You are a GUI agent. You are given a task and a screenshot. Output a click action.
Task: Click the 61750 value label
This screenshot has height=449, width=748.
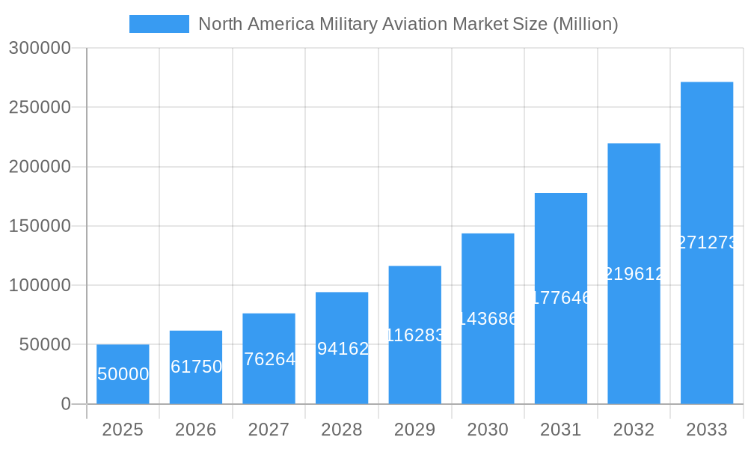tap(196, 367)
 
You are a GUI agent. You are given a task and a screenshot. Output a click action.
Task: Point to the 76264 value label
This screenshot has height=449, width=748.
tap(269, 359)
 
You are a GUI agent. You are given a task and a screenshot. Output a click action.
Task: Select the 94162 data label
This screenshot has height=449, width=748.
tap(342, 349)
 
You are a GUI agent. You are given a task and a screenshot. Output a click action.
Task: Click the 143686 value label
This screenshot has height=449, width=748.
tap(488, 319)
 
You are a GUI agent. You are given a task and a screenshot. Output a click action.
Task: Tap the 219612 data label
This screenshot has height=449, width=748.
tap(634, 274)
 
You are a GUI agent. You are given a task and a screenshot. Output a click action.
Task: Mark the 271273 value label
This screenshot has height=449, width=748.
tap(707, 242)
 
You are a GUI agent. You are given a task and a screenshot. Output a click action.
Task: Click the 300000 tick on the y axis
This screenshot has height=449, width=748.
tap(40, 48)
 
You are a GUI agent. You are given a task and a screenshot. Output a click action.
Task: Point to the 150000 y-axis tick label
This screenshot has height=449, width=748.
tap(40, 226)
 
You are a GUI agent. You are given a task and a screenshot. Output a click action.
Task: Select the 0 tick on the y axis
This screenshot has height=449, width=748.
tap(65, 404)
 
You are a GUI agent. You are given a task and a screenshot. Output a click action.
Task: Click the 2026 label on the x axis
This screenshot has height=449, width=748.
tap(196, 430)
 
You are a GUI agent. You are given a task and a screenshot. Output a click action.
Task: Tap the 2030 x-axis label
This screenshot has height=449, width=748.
tap(488, 430)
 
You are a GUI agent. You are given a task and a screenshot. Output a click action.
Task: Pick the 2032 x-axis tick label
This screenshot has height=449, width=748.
tap(634, 430)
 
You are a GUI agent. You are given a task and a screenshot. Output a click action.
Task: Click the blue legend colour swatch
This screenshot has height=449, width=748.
tap(159, 24)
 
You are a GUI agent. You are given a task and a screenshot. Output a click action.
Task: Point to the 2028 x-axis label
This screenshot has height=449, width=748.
tap(342, 430)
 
